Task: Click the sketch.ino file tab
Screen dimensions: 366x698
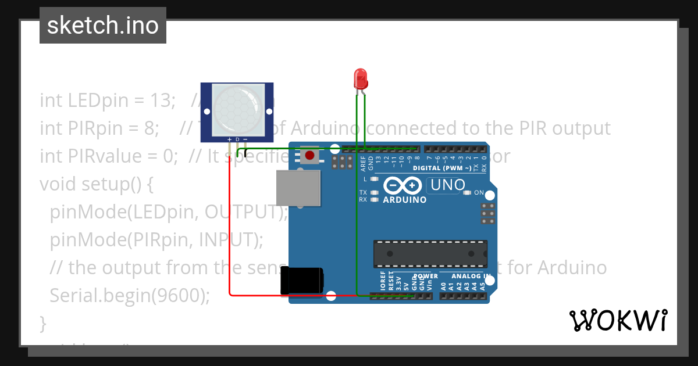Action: (102, 26)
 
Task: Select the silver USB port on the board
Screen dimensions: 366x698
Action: (299, 188)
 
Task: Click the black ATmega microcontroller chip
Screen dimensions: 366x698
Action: (430, 254)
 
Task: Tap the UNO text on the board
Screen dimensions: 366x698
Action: (447, 185)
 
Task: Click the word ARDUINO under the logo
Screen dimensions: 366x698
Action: (405, 200)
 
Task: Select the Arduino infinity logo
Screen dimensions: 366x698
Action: (402, 185)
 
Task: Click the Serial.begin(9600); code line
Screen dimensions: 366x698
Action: (130, 295)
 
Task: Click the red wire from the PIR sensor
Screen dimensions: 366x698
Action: (230, 232)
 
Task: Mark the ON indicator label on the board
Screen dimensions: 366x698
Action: (479, 192)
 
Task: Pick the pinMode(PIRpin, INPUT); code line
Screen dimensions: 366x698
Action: (156, 239)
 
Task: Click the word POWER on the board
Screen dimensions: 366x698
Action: (426, 277)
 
